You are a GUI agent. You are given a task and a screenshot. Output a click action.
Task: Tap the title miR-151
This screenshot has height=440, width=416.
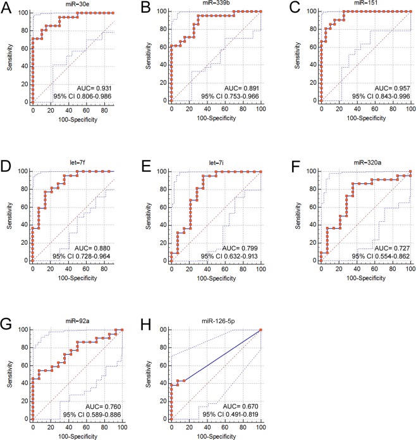click(x=354, y=5)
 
